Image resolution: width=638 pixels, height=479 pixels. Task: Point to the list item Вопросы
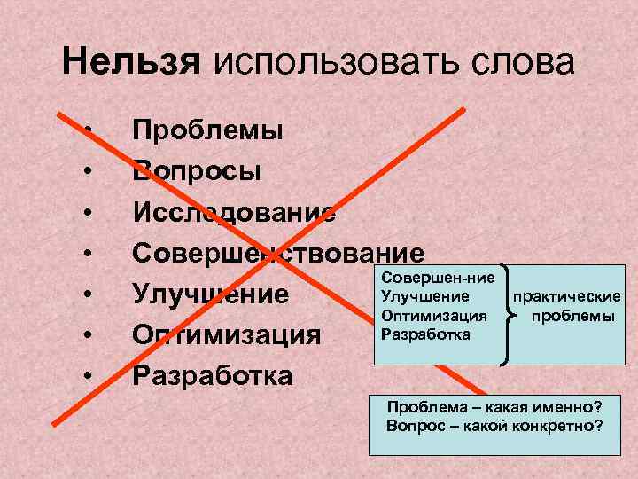pyautogui.click(x=197, y=170)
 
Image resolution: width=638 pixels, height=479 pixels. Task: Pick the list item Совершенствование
pyautogui.click(x=278, y=252)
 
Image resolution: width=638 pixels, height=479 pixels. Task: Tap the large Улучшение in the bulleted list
pyautogui.click(x=211, y=294)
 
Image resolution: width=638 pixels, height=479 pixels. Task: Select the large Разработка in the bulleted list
pyautogui.click(x=212, y=375)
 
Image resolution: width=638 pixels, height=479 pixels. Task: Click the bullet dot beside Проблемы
pyautogui.click(x=91, y=130)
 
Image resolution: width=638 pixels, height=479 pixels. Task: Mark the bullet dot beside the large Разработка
pyautogui.click(x=91, y=375)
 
